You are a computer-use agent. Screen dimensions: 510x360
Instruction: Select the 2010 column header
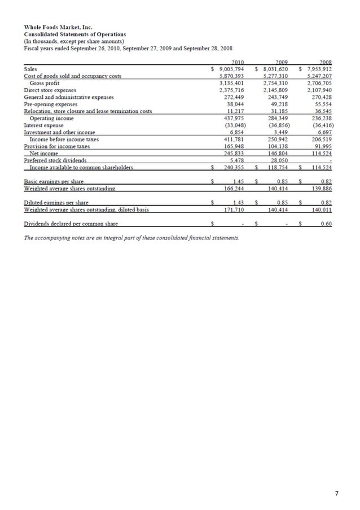pos(238,62)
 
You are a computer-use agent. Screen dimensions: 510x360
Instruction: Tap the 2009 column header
pos(282,62)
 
